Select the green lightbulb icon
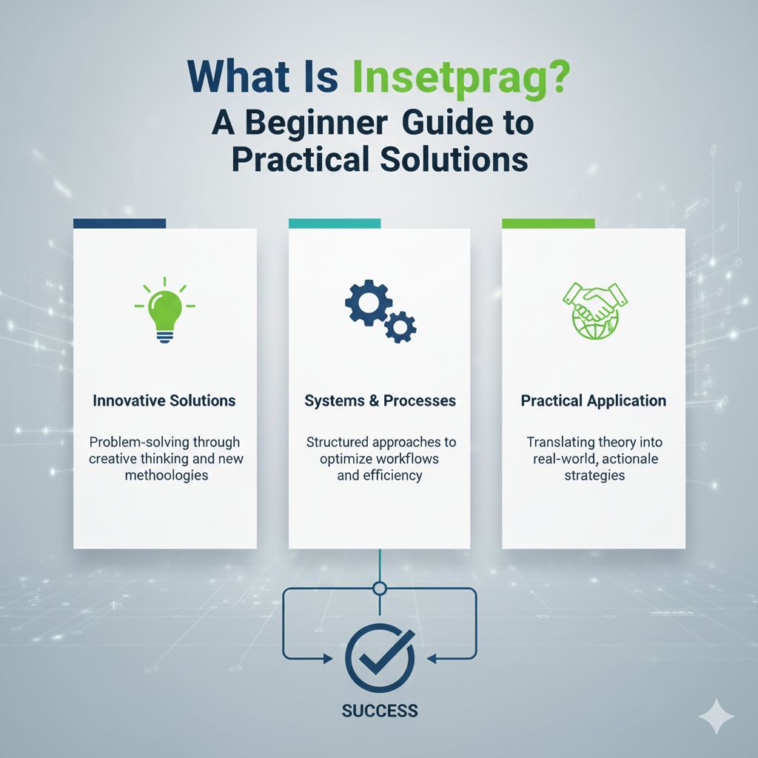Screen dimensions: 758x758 point(164,309)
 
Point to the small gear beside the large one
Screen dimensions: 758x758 point(400,326)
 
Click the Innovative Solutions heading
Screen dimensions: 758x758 point(164,400)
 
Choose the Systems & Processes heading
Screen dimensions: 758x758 point(380,400)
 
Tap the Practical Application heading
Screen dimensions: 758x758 point(593,400)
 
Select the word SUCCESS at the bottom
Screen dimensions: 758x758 point(380,711)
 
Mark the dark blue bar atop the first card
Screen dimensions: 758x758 point(119,223)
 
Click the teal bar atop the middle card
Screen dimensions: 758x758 point(334,223)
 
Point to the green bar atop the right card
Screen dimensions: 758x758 point(548,223)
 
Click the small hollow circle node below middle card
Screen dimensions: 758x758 point(380,589)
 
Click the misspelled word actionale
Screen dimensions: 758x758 point(628,459)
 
